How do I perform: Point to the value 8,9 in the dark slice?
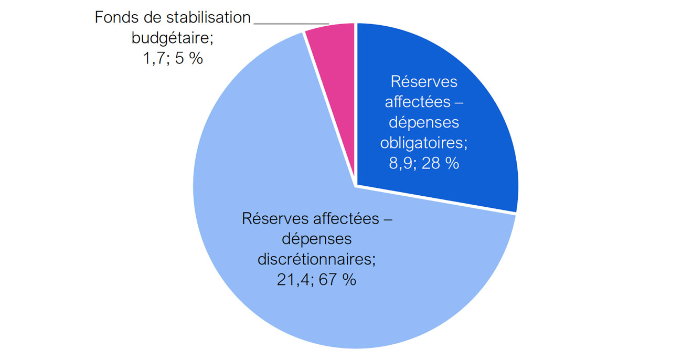402,163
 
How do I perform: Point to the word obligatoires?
424,143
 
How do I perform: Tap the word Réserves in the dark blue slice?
424,82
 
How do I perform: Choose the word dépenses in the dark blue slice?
424,123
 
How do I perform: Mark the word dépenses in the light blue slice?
316,239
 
